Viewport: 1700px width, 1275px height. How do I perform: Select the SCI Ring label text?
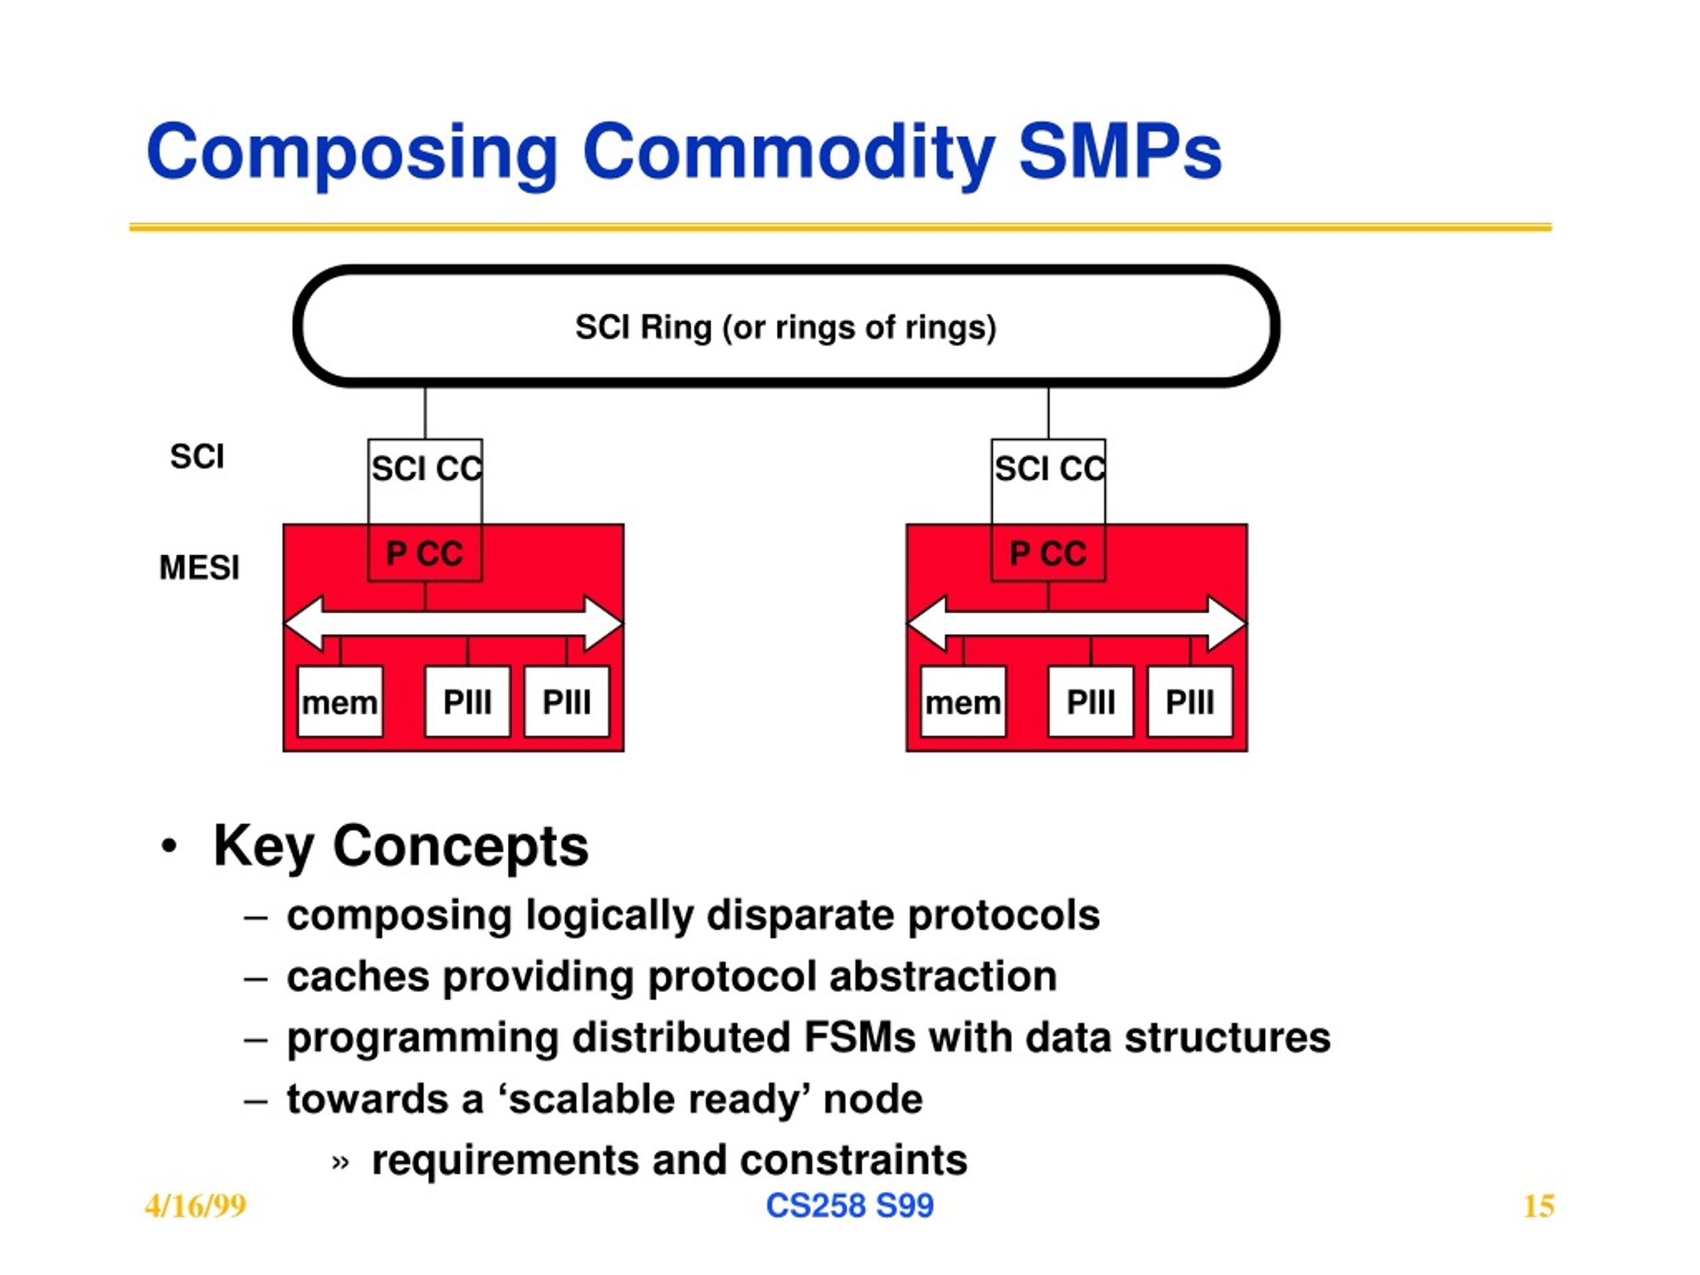(786, 327)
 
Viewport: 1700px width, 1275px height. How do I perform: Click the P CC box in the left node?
(425, 553)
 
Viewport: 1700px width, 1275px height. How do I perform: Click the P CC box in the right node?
(1049, 553)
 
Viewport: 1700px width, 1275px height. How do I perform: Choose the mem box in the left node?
(340, 702)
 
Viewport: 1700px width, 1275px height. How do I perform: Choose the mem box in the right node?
(963, 702)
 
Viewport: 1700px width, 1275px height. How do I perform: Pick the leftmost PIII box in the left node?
(467, 702)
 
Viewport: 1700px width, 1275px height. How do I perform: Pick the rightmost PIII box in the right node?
(1190, 702)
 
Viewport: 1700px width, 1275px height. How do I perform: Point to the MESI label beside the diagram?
(199, 568)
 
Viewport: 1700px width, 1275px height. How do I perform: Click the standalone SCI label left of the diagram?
(197, 456)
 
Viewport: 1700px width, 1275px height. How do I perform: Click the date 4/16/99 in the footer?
(195, 1207)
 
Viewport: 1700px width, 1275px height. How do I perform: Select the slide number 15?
(1539, 1207)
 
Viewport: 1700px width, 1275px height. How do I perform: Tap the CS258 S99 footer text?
(849, 1205)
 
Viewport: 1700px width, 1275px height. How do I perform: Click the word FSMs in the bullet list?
(859, 1037)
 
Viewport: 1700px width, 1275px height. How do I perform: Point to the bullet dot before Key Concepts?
(169, 846)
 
